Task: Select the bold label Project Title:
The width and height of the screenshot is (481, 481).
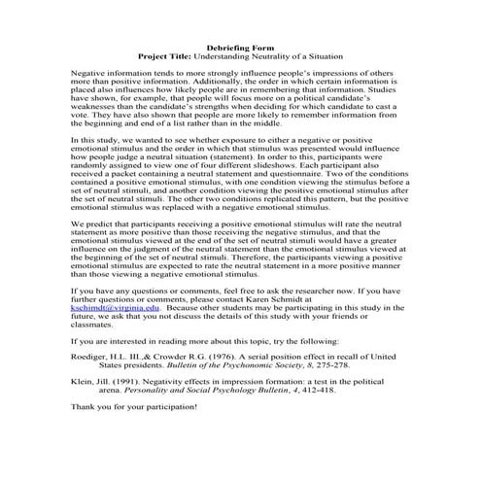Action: click(168, 57)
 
